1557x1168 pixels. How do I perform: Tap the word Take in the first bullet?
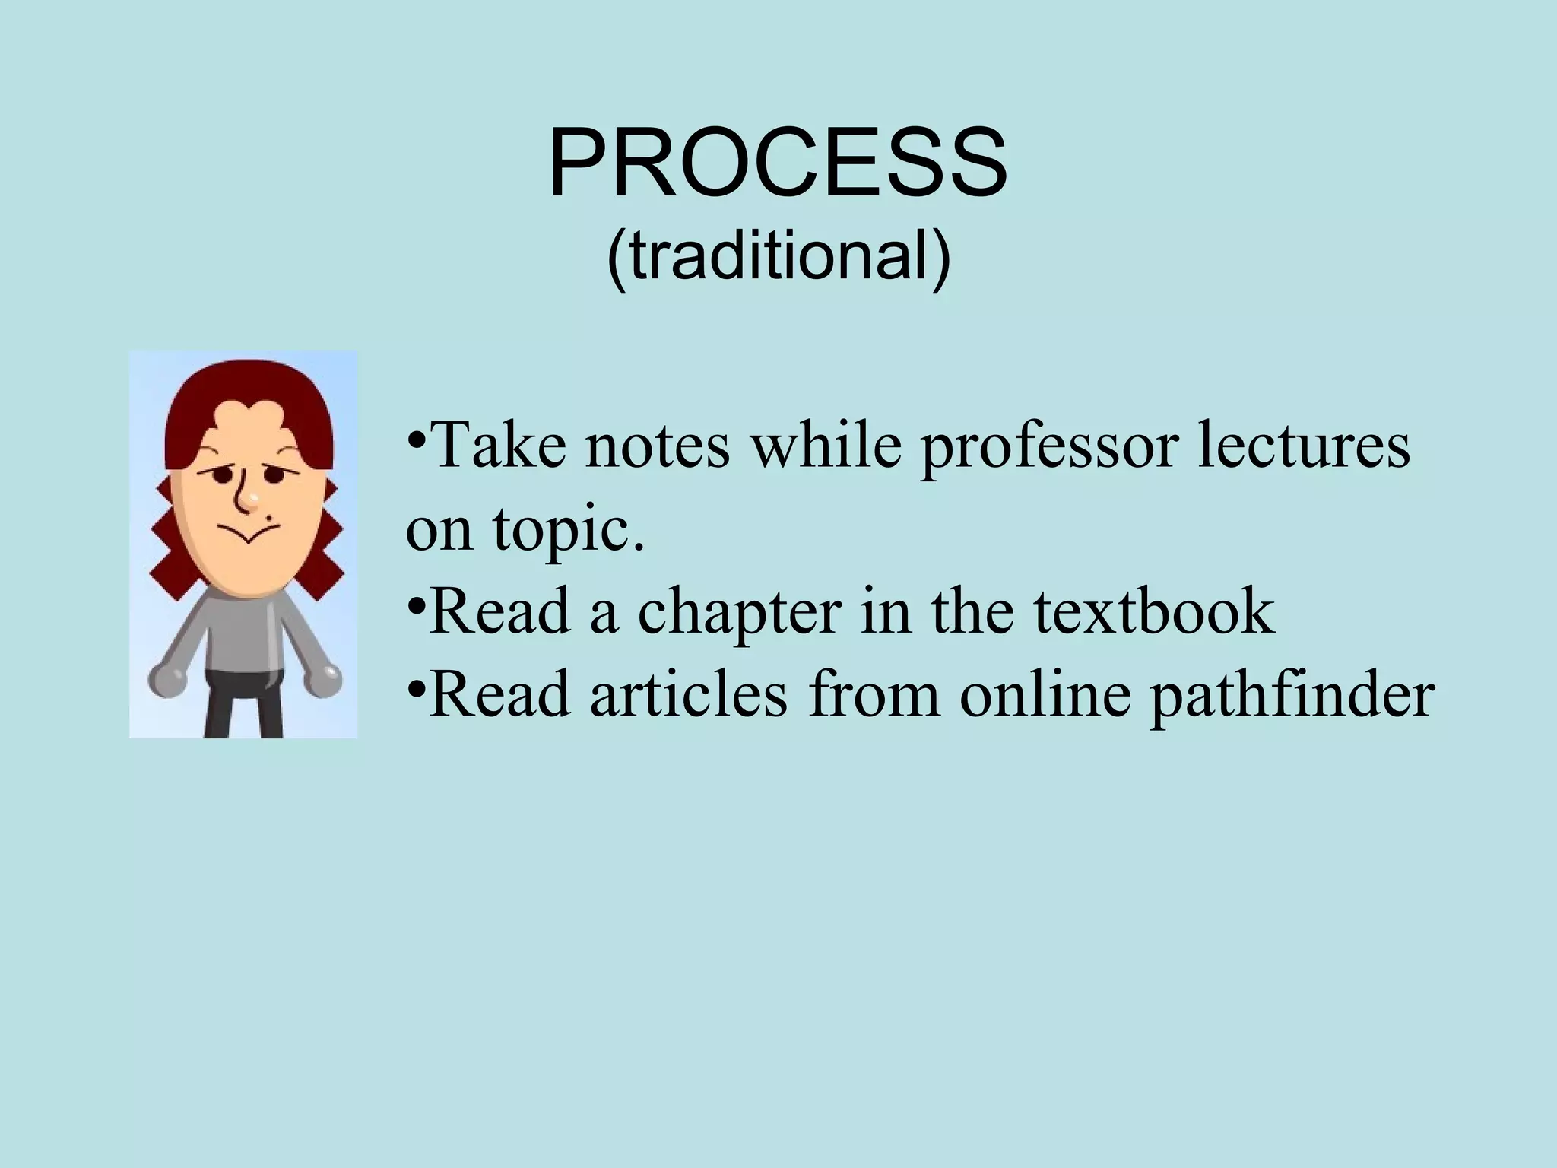[499, 446]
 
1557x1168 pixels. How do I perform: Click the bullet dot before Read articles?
[415, 688]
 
